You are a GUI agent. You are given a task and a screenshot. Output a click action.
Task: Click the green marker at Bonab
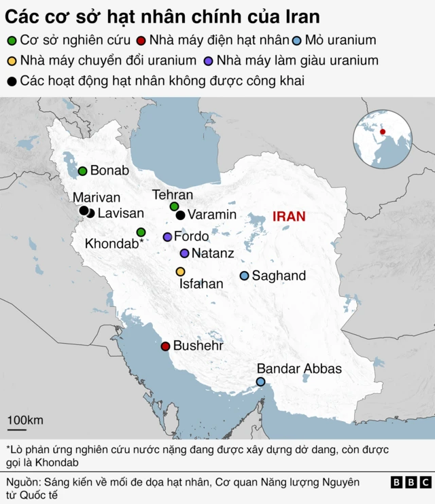tap(83, 171)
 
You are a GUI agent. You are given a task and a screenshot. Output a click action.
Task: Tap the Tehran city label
tap(173, 195)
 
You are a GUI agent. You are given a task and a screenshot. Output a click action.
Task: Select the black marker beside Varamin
tap(180, 215)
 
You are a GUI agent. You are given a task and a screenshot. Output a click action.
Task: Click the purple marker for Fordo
tap(167, 237)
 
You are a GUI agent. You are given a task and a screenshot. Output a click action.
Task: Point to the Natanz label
tap(213, 253)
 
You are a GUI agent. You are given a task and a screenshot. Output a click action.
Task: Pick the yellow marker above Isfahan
tap(180, 272)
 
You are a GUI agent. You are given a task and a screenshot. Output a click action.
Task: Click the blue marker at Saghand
tap(245, 276)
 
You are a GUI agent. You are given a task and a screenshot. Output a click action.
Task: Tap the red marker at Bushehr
tap(164, 346)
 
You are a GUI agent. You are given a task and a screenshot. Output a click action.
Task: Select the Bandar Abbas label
tap(299, 369)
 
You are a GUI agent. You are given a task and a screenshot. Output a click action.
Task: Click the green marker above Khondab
tap(141, 232)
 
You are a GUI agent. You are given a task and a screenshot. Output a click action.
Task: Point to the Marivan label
tap(97, 198)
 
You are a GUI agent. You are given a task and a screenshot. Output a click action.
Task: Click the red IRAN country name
tap(289, 217)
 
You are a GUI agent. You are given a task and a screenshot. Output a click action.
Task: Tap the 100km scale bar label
tap(25, 420)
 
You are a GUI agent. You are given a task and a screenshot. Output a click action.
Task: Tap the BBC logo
tap(411, 482)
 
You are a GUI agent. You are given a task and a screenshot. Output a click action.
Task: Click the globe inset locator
tap(382, 139)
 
